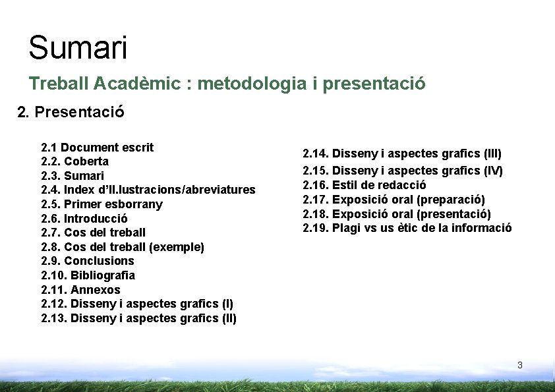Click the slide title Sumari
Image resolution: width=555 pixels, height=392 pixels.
click(78, 48)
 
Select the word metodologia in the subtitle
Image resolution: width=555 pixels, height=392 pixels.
click(251, 84)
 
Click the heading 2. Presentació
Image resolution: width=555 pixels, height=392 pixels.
click(71, 112)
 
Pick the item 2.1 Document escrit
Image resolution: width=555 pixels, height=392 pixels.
click(97, 148)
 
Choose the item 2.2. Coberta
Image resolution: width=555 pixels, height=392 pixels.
click(74, 161)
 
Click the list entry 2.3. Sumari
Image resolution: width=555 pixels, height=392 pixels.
click(73, 176)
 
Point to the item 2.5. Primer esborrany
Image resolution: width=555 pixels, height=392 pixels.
click(102, 204)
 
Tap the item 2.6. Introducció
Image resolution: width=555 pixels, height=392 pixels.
click(84, 219)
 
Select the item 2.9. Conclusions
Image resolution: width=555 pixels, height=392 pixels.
click(88, 261)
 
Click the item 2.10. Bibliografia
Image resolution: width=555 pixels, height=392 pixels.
click(88, 275)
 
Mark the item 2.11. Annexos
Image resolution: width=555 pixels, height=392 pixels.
click(80, 290)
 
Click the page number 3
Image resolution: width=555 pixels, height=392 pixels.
click(519, 365)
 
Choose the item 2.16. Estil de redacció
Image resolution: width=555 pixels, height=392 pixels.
click(364, 185)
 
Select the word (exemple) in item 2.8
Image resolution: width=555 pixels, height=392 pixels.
click(177, 247)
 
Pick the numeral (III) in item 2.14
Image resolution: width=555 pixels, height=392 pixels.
click(492, 154)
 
